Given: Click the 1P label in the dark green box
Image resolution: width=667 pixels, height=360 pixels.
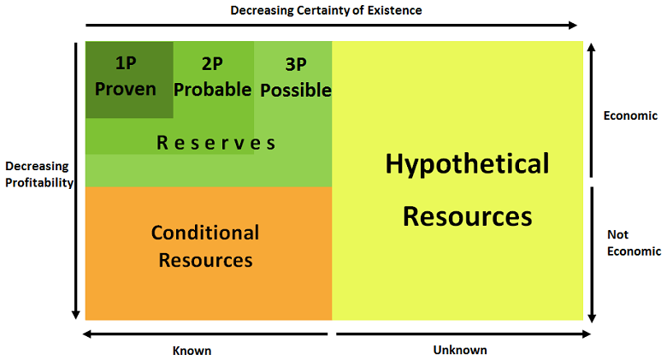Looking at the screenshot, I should pos(127,62).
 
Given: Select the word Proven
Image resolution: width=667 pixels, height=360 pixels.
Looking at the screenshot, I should pos(126,88).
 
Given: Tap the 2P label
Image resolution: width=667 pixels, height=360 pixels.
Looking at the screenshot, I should pos(212,62).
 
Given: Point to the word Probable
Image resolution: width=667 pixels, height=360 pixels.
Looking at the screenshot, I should pos(213,89).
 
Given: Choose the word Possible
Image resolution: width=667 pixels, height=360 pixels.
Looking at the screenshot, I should pos(296,89).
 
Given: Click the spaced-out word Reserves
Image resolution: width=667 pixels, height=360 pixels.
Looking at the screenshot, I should pos(216,143).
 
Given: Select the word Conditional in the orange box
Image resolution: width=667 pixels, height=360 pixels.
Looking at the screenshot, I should pos(205,233).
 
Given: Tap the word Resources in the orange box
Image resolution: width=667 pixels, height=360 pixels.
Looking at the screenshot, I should pos(205,259).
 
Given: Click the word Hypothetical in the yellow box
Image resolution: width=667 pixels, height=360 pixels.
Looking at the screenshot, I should pos(467,164).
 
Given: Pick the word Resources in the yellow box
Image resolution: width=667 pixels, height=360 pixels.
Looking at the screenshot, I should pos(467,215).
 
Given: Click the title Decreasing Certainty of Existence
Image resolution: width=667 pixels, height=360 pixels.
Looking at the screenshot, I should pos(327,10).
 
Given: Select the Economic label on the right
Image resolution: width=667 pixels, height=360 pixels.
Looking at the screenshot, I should pos(630,115).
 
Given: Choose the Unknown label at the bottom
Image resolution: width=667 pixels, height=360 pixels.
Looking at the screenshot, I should pos(460,350).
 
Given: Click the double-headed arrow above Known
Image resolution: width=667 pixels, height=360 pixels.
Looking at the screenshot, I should pos(206,333).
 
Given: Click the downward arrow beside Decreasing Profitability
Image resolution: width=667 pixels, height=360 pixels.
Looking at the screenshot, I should pos(76,180).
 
